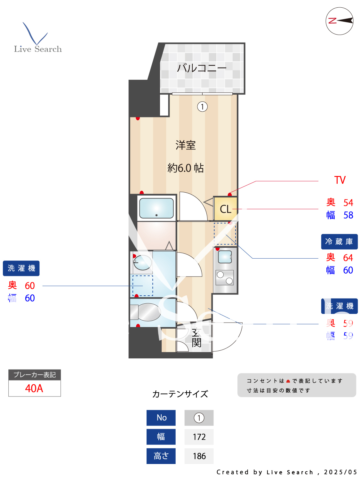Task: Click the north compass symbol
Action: (x=339, y=21)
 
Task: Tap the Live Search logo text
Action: (x=38, y=49)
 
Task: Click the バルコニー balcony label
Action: (x=202, y=68)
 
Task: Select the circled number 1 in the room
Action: (x=202, y=107)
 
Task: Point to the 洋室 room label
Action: (x=186, y=145)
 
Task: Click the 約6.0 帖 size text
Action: (x=186, y=168)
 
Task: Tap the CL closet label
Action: (x=225, y=209)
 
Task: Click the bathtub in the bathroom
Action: (x=156, y=208)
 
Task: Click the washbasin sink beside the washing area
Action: (x=142, y=262)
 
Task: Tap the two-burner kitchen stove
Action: (x=225, y=277)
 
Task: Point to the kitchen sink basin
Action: (x=225, y=257)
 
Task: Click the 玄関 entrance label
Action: (x=196, y=338)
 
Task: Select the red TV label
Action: (x=340, y=180)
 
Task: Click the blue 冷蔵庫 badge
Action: (x=339, y=242)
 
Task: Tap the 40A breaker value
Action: (x=34, y=388)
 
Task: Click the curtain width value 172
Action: (x=199, y=437)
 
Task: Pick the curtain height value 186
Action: (x=199, y=456)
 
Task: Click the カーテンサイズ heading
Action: (x=180, y=394)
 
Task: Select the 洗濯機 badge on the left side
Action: (x=21, y=268)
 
